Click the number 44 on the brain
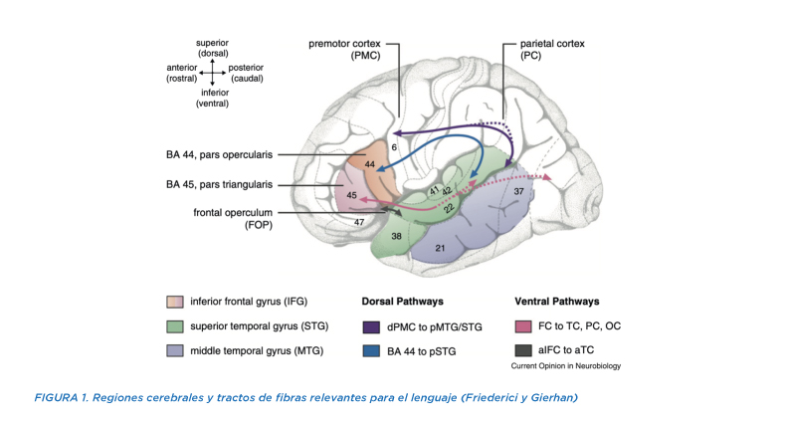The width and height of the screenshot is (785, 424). [370, 164]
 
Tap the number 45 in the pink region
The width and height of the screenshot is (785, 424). [351, 195]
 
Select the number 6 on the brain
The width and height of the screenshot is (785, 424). [394, 147]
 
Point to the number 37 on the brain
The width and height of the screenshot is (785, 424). [518, 191]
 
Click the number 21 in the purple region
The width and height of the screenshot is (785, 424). [440, 248]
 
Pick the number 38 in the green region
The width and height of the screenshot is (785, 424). [397, 236]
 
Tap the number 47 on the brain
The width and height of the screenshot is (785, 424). [359, 222]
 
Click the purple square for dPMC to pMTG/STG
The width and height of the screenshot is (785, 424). [371, 326]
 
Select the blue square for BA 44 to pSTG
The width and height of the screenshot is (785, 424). [371, 351]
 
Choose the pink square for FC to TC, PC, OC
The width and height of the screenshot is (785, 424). [523, 326]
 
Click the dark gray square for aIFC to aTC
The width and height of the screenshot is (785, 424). [523, 350]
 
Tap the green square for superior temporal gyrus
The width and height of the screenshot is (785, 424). [175, 326]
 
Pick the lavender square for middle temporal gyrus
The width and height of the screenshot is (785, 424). [175, 350]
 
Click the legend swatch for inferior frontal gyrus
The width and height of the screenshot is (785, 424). [175, 302]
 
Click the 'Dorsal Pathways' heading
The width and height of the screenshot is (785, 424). [403, 302]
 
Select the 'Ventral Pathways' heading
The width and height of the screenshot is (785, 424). [557, 302]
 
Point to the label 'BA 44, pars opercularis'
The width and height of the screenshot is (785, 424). [219, 154]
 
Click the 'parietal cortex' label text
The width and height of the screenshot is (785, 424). [552, 44]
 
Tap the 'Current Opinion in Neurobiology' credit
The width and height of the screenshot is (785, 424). [566, 366]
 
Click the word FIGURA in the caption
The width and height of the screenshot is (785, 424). [56, 397]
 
